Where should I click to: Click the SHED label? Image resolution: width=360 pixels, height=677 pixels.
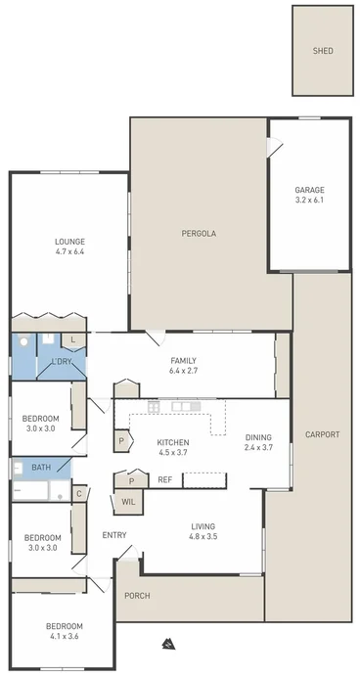[x=323, y=50]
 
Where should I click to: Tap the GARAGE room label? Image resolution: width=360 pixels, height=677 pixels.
[x=309, y=190]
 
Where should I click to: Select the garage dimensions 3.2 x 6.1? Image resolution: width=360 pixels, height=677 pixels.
[x=309, y=200]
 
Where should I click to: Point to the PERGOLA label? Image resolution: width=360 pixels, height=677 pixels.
[x=198, y=234]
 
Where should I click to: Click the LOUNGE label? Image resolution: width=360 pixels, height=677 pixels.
[x=69, y=242]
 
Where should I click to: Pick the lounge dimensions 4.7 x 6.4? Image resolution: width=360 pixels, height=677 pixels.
[x=69, y=252]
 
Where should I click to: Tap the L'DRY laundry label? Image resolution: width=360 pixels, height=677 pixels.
[x=62, y=362]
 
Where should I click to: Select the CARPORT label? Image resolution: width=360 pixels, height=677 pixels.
[x=322, y=434]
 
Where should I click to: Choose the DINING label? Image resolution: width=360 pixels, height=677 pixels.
[x=258, y=438]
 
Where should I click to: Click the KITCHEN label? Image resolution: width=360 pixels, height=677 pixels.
[x=173, y=443]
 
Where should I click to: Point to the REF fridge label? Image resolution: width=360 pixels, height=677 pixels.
[x=165, y=480]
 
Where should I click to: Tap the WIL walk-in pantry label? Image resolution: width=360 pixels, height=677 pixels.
[x=128, y=502]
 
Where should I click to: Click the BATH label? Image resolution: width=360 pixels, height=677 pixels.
[x=41, y=468]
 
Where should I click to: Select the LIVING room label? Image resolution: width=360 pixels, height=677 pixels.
[x=203, y=526]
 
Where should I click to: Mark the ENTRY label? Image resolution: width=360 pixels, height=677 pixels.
[x=114, y=534]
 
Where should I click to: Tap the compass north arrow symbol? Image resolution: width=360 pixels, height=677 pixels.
[x=168, y=644]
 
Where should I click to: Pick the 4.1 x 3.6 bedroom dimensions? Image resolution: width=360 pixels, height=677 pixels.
[x=64, y=637]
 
